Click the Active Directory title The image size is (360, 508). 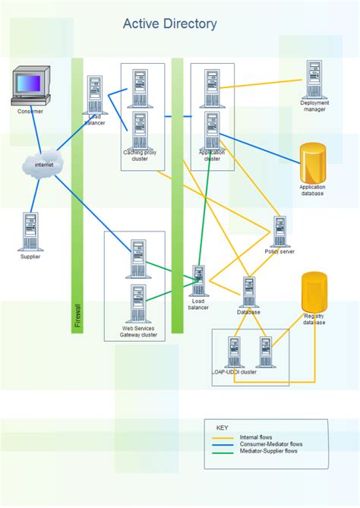pos(169,24)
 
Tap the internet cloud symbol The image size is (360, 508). pos(43,164)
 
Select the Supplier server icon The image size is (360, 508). pos(30,231)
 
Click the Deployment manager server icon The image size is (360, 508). pos(314,80)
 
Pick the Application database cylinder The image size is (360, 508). pos(311,162)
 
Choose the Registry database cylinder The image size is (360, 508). pos(314,292)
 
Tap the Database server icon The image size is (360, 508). pos(248,291)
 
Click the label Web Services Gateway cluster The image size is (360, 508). pos(139,332)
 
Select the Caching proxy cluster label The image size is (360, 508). pos(139,156)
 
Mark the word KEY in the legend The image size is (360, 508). pos(222,428)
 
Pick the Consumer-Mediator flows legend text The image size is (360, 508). pos(271,444)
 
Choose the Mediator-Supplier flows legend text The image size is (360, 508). pos(269,451)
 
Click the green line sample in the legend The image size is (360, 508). pos(222,451)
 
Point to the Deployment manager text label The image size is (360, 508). pos(314,106)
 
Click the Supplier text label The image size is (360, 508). pos(30,257)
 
